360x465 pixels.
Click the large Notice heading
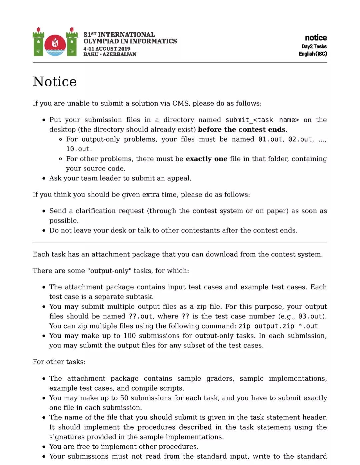click(x=55, y=82)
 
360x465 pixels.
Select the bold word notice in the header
click(x=316, y=38)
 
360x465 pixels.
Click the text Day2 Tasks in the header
click(x=314, y=47)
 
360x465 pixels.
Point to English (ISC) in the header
click(x=313, y=54)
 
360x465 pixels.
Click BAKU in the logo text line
click(x=91, y=54)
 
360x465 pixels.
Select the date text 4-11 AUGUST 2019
click(x=107, y=49)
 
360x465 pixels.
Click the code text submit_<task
click(x=249, y=120)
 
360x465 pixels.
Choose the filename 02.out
click(x=300, y=139)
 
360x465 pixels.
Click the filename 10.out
click(x=78, y=149)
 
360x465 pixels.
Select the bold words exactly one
click(x=206, y=159)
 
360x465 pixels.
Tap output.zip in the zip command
click(x=274, y=326)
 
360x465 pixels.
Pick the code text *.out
click(x=308, y=326)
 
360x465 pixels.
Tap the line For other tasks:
click(x=59, y=362)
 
